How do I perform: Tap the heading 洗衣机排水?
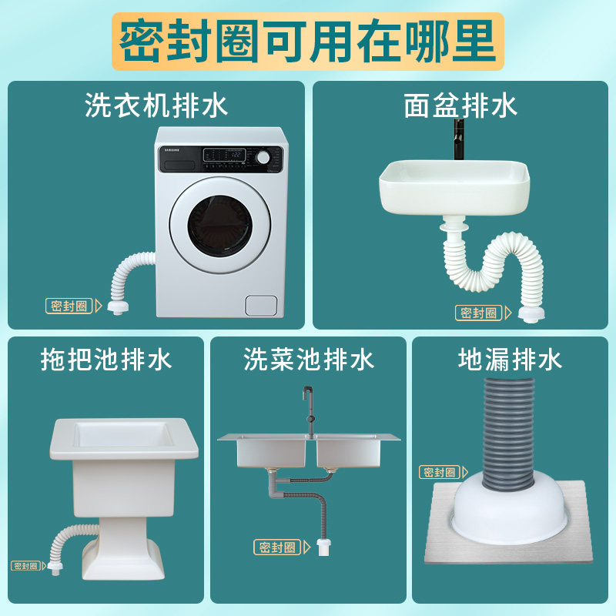point(156,105)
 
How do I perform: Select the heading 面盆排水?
point(460,105)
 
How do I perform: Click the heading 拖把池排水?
point(106,360)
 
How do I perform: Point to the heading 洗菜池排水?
point(308,360)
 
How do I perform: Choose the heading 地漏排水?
point(510,360)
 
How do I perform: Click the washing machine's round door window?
point(220,226)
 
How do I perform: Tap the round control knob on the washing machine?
point(264,157)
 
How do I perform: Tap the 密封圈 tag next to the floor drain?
point(442,472)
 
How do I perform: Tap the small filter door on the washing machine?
point(260,305)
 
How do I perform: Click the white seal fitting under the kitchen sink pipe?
point(325,549)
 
